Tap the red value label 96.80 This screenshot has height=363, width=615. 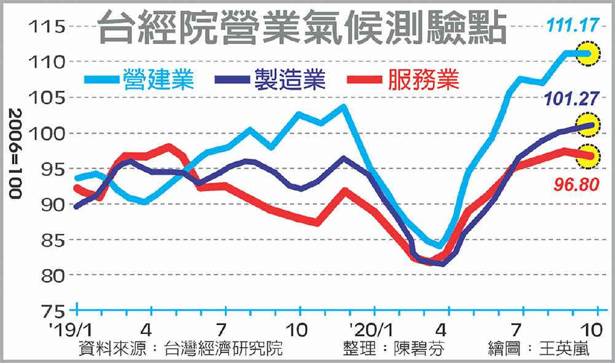(574, 184)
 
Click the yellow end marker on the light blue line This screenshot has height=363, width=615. (590, 54)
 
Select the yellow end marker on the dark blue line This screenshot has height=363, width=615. (590, 124)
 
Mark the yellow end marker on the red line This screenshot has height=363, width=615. (590, 156)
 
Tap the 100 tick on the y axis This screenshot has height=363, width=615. (47, 134)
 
